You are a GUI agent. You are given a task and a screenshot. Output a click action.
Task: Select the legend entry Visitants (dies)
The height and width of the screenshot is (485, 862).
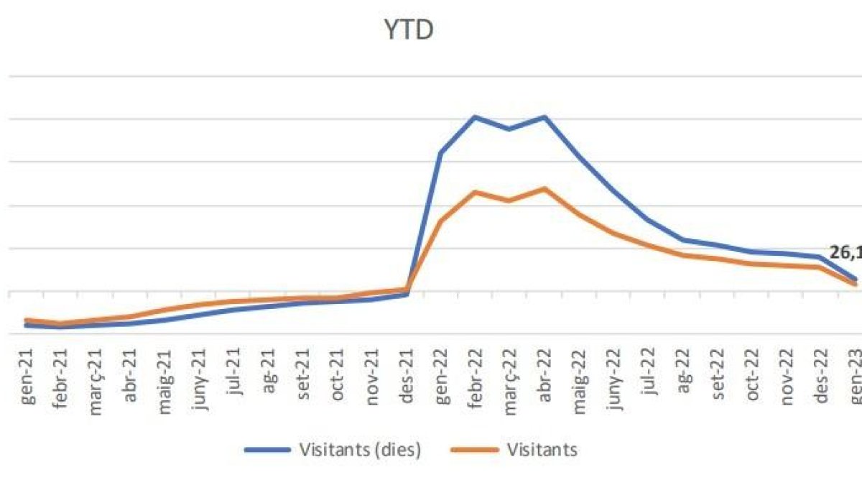click(x=356, y=450)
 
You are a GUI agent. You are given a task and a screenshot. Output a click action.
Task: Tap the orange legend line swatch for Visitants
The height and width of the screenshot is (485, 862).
click(x=475, y=450)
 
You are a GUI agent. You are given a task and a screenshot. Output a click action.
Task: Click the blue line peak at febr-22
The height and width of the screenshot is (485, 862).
click(x=475, y=116)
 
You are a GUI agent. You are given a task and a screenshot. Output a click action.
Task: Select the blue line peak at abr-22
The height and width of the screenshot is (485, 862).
click(x=544, y=116)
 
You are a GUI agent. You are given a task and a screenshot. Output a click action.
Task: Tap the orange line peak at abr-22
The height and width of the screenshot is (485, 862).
click(x=544, y=188)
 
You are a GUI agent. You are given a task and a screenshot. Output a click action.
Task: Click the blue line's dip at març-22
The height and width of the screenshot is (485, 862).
click(x=509, y=129)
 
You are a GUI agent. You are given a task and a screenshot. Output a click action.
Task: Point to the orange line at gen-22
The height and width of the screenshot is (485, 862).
click(x=440, y=221)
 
